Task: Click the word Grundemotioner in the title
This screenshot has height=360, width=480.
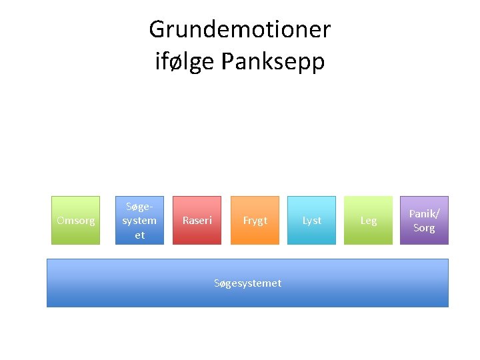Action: click(239, 29)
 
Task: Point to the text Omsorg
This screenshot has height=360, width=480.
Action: click(75, 221)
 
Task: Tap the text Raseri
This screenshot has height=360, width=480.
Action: click(197, 221)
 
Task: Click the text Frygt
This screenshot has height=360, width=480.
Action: click(255, 221)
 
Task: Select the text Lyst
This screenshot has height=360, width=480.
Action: click(311, 221)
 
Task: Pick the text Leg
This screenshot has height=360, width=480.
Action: click(368, 221)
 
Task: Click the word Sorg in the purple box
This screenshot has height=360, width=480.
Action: click(424, 228)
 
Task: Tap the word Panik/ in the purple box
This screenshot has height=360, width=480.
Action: click(424, 213)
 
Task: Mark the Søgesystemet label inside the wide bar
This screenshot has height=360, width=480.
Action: click(247, 283)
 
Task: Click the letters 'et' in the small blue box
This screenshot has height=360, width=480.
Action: click(139, 235)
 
